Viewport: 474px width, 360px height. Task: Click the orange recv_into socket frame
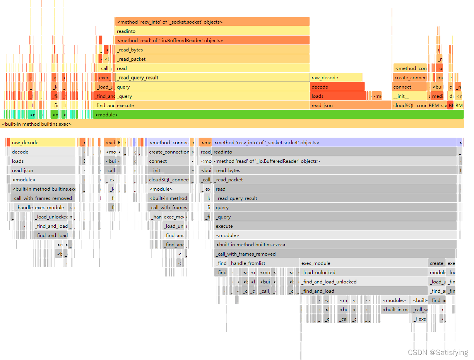click(212, 22)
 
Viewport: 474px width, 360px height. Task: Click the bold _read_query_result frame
click(212, 78)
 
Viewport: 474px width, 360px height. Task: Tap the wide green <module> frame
click(278, 115)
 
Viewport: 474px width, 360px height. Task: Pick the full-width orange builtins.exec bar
click(232, 124)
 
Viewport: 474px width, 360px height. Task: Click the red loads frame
click(338, 96)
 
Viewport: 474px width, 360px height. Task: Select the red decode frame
click(337, 87)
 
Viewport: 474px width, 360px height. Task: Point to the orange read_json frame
click(350, 106)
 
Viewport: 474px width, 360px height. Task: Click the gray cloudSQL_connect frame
click(169, 180)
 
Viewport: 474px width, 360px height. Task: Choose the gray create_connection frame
click(169, 152)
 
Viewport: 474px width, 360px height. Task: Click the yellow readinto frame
click(212, 31)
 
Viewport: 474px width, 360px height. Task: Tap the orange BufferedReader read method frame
click(212, 41)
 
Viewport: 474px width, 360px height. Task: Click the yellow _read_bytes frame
click(212, 50)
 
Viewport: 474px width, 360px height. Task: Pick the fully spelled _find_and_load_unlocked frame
click(364, 282)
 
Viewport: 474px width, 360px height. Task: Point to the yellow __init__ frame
click(409, 96)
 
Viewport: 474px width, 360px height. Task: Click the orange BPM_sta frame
click(437, 106)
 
